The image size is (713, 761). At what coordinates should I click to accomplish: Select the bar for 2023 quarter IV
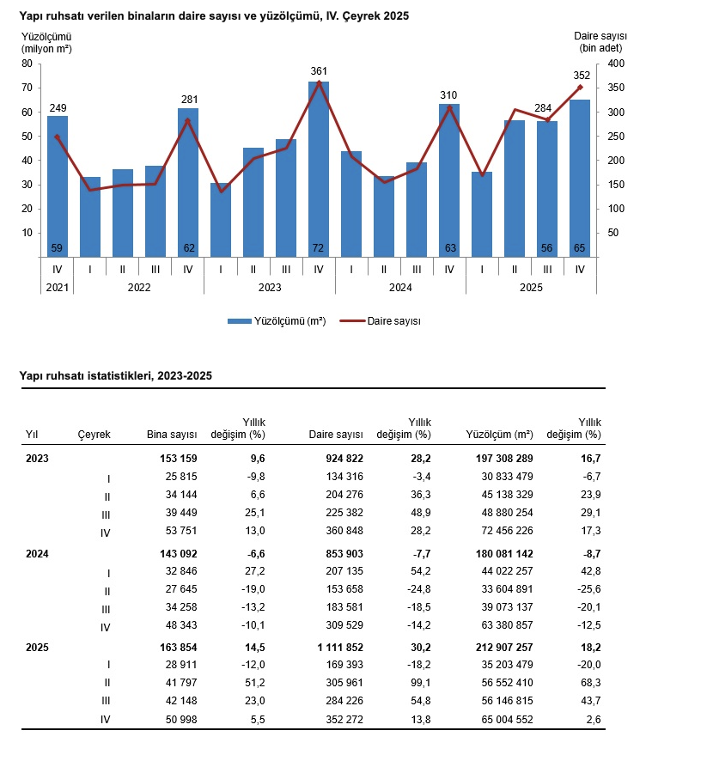(x=319, y=172)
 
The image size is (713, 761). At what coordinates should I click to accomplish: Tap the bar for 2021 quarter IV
(x=58, y=189)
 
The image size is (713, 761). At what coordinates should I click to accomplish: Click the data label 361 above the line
(x=319, y=71)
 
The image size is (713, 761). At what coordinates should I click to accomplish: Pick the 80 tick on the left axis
(x=27, y=64)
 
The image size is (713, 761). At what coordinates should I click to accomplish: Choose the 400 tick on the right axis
(x=613, y=64)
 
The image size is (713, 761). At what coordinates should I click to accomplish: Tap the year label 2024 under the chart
(x=400, y=288)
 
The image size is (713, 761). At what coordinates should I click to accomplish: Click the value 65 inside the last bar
(x=580, y=248)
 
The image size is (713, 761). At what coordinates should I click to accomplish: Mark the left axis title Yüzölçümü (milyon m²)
(x=46, y=42)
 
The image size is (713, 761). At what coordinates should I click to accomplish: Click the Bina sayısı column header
(x=173, y=435)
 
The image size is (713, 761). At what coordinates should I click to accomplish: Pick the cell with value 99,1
(x=419, y=683)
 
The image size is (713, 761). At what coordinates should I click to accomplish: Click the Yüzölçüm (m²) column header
(x=499, y=435)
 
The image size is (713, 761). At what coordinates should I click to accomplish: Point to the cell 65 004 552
(x=500, y=720)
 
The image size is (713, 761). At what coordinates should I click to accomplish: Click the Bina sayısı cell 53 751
(x=179, y=533)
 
